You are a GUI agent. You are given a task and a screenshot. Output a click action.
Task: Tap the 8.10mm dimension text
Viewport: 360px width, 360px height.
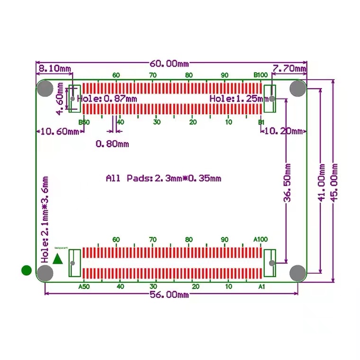[54, 68]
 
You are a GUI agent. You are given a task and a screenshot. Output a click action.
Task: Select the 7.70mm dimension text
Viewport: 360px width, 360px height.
[289, 69]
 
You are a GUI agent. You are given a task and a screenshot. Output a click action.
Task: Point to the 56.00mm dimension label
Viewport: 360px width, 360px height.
[169, 295]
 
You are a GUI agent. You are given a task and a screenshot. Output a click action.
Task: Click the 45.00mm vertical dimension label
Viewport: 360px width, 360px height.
[335, 182]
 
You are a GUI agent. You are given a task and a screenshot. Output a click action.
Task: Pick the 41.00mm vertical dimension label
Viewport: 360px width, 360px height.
[322, 183]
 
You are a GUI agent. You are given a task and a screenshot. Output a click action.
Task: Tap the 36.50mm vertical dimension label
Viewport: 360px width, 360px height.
[288, 183]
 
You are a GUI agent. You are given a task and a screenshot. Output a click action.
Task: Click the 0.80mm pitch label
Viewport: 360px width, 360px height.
[112, 144]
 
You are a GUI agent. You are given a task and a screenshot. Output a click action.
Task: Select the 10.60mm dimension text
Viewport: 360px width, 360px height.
[59, 132]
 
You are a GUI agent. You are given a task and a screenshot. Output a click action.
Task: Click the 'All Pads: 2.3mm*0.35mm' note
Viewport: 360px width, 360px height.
[163, 179]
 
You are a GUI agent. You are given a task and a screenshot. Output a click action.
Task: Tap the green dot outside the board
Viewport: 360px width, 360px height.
[27, 270]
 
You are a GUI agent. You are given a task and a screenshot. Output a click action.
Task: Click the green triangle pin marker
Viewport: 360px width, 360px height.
[58, 259]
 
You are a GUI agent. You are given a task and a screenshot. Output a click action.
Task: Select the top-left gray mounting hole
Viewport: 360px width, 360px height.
[45, 88]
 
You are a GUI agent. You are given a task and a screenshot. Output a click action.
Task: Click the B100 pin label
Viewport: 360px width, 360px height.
[261, 75]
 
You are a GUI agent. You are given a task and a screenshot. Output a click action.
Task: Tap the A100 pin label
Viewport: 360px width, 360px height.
[261, 239]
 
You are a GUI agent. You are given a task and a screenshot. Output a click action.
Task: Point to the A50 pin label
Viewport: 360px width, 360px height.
[83, 286]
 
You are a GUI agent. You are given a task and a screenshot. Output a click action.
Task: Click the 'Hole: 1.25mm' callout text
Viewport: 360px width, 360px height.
[238, 99]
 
